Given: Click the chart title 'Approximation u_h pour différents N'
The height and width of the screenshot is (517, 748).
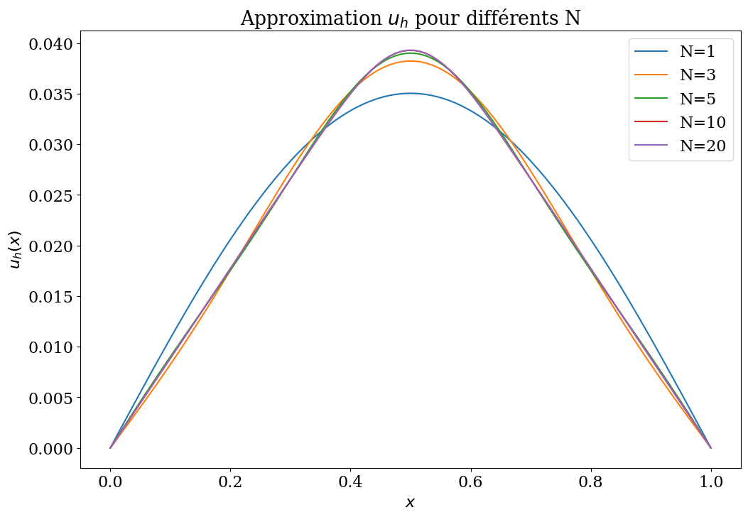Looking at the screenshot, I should coord(410,18).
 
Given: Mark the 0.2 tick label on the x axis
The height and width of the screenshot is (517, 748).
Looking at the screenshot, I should coord(230,483).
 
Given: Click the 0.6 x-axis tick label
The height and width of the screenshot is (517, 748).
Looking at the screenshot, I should coord(470,483).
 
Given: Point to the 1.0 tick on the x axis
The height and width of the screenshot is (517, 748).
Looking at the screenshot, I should coord(710,483).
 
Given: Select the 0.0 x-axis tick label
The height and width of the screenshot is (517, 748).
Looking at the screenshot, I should coord(110,483).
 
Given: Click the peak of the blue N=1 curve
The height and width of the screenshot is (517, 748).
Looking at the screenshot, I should coord(410,93).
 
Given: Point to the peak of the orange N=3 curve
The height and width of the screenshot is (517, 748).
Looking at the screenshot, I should coord(410,61).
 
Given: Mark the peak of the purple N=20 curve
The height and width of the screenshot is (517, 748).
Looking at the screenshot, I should coord(410,50).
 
